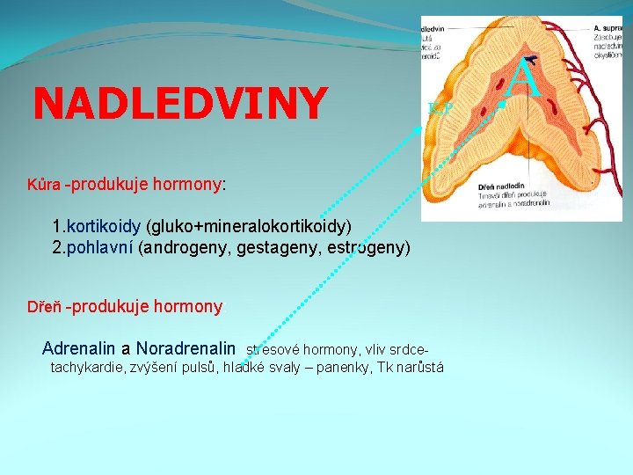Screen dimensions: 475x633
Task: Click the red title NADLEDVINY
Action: point(179,104)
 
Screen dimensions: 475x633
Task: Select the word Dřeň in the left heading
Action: point(44,307)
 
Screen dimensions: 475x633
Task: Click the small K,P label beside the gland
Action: point(440,108)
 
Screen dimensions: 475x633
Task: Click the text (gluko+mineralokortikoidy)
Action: point(250,227)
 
